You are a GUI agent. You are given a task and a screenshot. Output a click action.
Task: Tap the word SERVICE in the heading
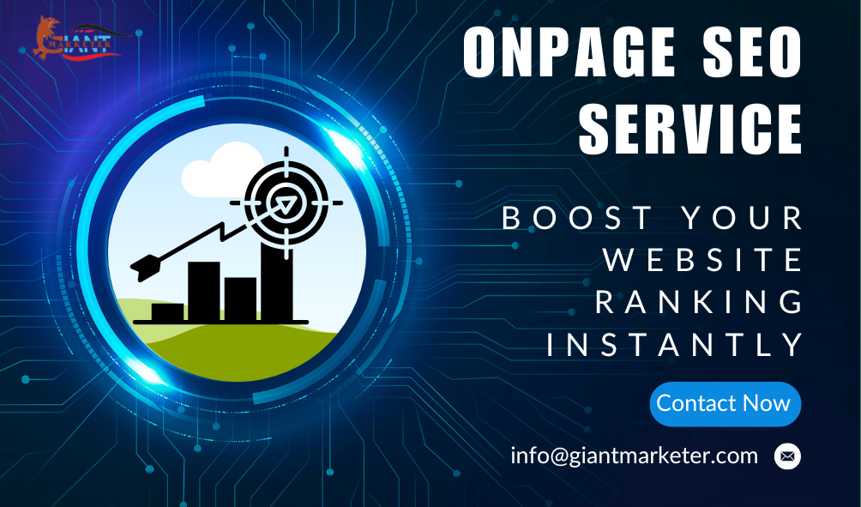[x=689, y=129]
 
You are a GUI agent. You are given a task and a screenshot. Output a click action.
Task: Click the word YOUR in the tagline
[x=743, y=219]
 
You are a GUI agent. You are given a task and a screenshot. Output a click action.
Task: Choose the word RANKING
[x=700, y=302]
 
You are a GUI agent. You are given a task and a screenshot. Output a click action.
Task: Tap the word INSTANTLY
[x=676, y=344]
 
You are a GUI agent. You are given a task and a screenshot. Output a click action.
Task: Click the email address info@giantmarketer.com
[x=634, y=455]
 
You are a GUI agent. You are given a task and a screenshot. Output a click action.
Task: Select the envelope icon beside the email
[x=787, y=456]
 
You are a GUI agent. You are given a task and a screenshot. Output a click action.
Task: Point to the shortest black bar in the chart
[x=167, y=311]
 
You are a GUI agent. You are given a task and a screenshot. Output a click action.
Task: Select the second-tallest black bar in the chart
[x=203, y=291]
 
